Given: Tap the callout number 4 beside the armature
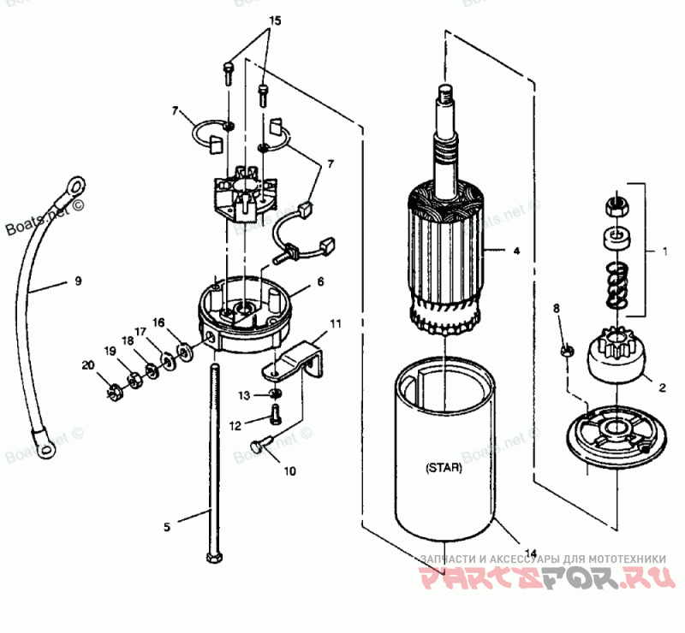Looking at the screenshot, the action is [516, 252].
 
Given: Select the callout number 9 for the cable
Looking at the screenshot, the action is [78, 280].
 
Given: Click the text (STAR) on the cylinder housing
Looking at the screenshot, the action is [444, 468].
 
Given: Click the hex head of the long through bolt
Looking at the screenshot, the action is [213, 558].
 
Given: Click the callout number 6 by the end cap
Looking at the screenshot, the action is [320, 281].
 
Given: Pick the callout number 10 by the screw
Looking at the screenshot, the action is [289, 470].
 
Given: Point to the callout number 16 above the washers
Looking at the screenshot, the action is [158, 322].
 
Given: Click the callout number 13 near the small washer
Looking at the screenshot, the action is [244, 395].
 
